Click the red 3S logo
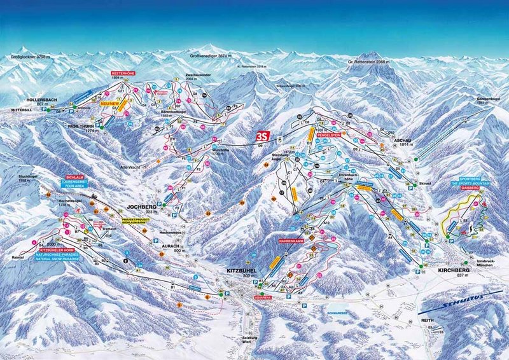(261, 136)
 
